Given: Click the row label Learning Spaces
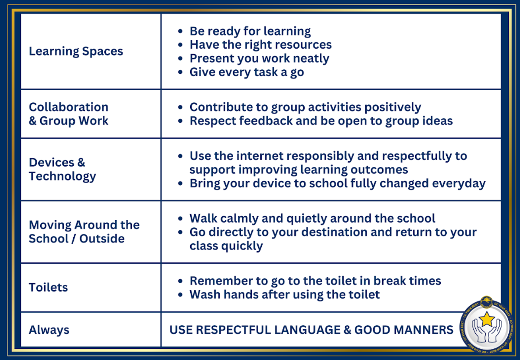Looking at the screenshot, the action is point(76,51).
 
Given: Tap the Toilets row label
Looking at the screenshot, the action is point(48,287).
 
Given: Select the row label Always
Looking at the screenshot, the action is point(49,330).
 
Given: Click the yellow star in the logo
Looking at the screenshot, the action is point(487,319).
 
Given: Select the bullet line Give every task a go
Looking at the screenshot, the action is point(247,72).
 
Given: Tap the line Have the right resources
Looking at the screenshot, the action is point(261,45).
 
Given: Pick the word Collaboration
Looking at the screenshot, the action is point(69,107).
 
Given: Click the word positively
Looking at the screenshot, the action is point(393,108).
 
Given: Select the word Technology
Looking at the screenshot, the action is point(62,176).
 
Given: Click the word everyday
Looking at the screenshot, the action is point(459,183).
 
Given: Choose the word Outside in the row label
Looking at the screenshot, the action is point(102,239).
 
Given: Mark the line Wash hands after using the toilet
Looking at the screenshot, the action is point(285,295).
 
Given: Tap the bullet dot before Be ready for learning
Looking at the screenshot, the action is point(180,31).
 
